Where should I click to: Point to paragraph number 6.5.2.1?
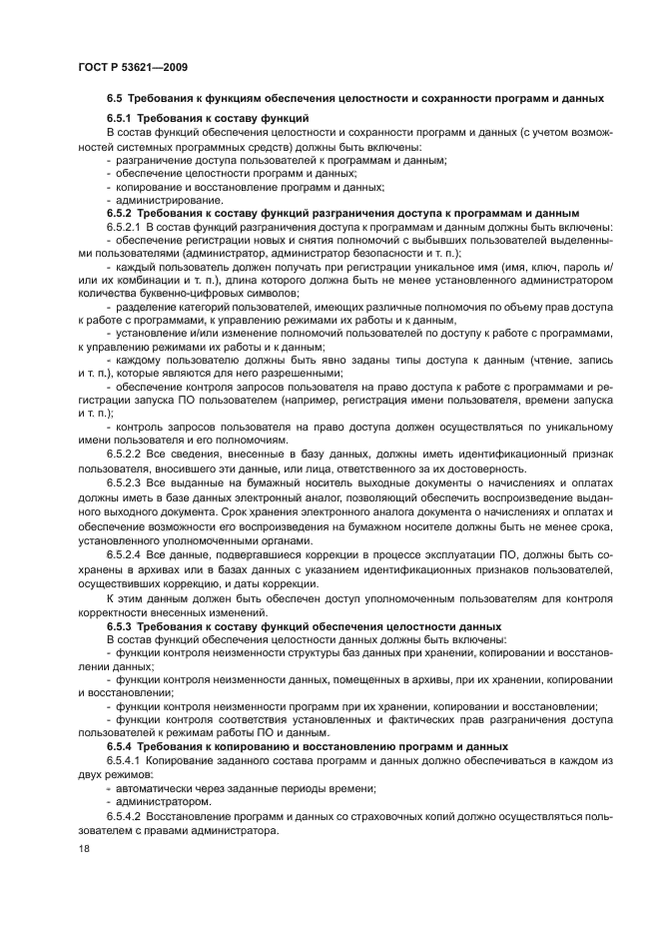click(x=125, y=227)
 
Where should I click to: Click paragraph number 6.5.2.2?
click(x=125, y=455)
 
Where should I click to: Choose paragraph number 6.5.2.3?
click(x=125, y=482)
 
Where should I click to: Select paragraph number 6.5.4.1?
click(x=125, y=760)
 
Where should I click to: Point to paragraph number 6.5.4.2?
click(x=125, y=815)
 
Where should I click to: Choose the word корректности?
click(x=119, y=610)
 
